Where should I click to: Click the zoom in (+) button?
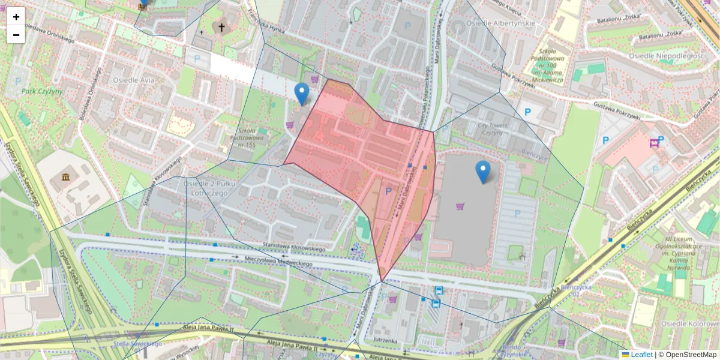[16, 17]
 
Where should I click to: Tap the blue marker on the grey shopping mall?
[483, 172]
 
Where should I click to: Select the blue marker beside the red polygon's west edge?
[302, 94]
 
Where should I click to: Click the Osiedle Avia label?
[133, 79]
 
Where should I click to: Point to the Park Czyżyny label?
[42, 91]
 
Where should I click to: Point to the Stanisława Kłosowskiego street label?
[294, 248]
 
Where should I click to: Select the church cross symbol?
[221, 28]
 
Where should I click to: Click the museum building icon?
[65, 179]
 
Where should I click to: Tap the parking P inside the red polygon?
[388, 191]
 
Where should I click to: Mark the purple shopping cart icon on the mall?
[460, 207]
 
